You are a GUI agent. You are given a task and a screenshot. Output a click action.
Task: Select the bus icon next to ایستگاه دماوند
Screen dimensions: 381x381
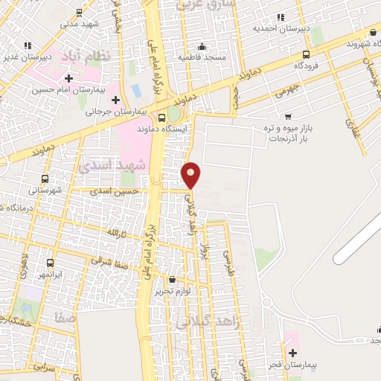162,117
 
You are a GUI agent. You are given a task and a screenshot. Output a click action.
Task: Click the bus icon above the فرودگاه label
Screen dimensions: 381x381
307,54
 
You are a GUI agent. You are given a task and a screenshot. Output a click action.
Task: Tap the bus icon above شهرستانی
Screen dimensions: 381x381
45,179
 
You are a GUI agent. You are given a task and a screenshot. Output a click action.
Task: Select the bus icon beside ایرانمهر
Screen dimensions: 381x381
50,263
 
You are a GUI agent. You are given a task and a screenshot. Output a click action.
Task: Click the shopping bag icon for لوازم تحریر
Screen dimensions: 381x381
173,280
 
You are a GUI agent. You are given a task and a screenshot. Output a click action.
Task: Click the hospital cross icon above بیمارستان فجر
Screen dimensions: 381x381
292,352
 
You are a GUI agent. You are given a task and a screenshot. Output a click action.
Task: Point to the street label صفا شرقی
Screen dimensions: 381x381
109,260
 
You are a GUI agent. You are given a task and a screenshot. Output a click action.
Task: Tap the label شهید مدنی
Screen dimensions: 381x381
79,23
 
